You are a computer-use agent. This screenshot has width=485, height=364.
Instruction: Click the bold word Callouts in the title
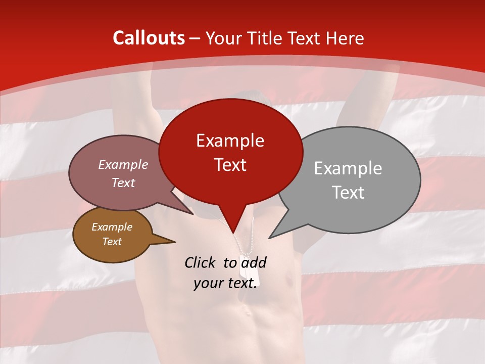[x=149, y=38]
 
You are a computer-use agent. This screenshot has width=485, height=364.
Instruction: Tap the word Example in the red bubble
[x=230, y=141]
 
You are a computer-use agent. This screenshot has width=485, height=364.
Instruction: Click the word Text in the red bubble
[x=230, y=165]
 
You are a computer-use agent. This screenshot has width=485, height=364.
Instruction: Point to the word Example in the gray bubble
[x=348, y=168]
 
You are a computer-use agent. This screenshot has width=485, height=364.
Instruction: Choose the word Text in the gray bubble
[x=348, y=193]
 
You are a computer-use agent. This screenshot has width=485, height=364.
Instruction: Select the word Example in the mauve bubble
[x=123, y=164]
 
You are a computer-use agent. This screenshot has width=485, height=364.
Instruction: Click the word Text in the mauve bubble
[x=123, y=183]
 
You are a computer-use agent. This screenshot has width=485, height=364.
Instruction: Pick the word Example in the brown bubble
[x=112, y=227]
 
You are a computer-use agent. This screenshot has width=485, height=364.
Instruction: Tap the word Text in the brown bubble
[x=112, y=242]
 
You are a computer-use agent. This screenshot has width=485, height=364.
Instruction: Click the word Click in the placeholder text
[x=201, y=262]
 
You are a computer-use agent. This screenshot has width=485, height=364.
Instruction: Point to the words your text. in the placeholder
[x=225, y=283]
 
